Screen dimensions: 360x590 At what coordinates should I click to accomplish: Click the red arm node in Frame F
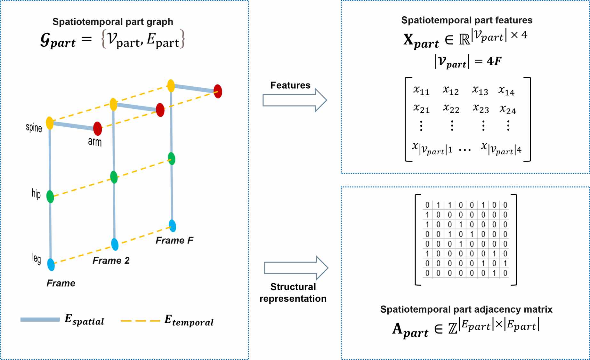tap(218, 91)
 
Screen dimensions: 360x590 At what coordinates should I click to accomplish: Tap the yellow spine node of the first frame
tap(50, 123)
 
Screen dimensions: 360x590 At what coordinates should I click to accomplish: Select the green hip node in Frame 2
tap(114, 177)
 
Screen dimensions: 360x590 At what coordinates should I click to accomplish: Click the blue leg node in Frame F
tap(173, 226)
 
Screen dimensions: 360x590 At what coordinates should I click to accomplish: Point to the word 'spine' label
tap(34, 128)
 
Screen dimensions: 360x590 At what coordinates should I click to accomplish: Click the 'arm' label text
tap(95, 141)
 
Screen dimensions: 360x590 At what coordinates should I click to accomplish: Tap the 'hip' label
tap(36, 194)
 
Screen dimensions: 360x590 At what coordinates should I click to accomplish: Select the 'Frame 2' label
tap(111, 260)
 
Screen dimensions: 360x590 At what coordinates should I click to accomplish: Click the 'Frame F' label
tap(174, 240)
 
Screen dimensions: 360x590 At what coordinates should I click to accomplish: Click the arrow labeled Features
tap(294, 100)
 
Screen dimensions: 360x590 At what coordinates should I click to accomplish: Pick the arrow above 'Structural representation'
tap(296, 268)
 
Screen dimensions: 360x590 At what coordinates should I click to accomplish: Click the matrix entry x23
tap(481, 109)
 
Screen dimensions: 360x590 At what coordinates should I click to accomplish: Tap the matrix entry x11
tap(421, 91)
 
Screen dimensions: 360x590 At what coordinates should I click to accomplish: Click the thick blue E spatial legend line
tap(40, 319)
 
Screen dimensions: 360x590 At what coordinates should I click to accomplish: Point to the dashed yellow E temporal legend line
tap(140, 321)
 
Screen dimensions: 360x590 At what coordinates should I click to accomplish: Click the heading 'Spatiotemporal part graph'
tap(113, 21)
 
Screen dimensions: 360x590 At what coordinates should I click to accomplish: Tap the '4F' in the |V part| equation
tap(494, 61)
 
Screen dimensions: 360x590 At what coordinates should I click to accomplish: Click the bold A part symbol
tap(410, 330)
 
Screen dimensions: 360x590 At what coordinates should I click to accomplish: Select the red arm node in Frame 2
tap(160, 110)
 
